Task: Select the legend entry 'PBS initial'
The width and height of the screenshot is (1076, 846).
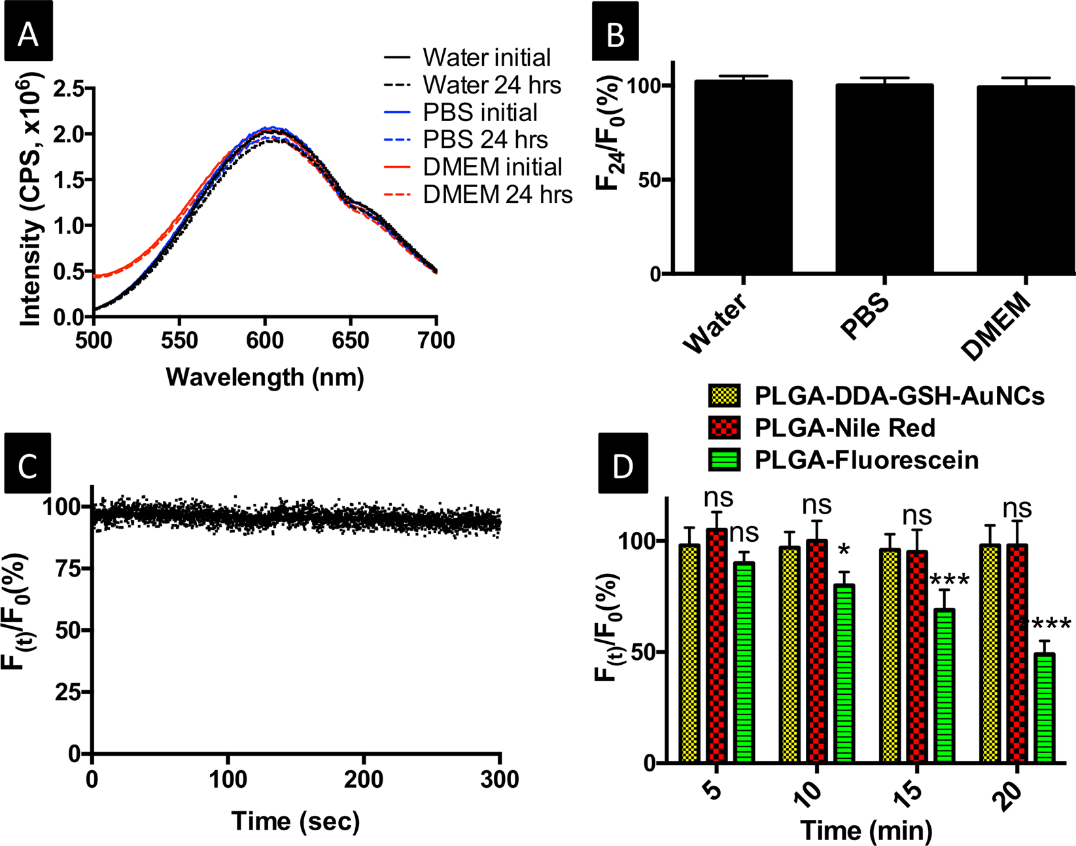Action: [x=480, y=113]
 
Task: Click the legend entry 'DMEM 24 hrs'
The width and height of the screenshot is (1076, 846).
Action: [x=498, y=194]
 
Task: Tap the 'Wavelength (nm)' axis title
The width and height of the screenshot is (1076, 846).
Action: [x=265, y=377]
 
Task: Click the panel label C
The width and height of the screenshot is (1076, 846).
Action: [x=27, y=468]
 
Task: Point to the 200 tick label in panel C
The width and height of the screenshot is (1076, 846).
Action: [x=364, y=779]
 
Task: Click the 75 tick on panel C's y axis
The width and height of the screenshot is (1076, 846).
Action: [x=72, y=569]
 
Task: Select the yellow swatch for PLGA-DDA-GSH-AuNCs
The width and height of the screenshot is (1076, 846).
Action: [x=724, y=396]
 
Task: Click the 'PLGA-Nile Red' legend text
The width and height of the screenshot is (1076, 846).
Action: [x=845, y=428]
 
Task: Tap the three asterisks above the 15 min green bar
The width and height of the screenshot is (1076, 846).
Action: [x=949, y=581]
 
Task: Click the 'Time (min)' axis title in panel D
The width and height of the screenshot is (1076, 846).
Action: [x=867, y=830]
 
